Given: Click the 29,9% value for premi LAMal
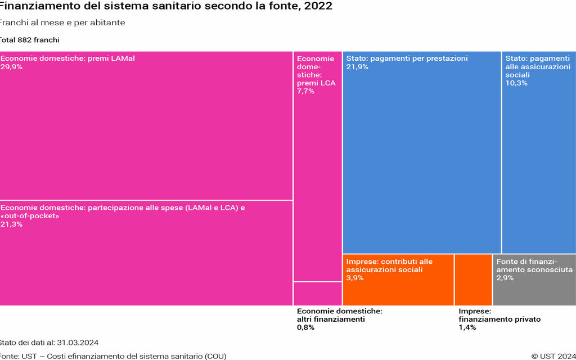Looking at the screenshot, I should pyautogui.click(x=11, y=66).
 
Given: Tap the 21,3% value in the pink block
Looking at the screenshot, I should pyautogui.click(x=11, y=224).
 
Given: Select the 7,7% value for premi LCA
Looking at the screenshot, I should pyautogui.click(x=305, y=91).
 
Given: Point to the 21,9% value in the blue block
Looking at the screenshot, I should pyautogui.click(x=357, y=66).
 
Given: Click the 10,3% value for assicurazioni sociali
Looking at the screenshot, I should pyautogui.click(x=516, y=83).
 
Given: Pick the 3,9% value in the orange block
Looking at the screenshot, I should pyautogui.click(x=355, y=278).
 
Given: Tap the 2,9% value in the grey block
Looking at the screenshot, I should pyautogui.click(x=505, y=278).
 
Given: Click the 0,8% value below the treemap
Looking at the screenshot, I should pyautogui.click(x=305, y=327).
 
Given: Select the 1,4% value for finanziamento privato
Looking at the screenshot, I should pyautogui.click(x=467, y=327).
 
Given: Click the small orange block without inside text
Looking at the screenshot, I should pyautogui.click(x=473, y=280).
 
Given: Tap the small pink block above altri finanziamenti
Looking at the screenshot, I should pyautogui.click(x=317, y=294).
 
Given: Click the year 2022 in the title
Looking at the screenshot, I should pyautogui.click(x=318, y=6).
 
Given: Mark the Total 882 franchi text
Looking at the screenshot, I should pyautogui.click(x=29, y=40).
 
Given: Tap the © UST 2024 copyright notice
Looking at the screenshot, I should pyautogui.click(x=553, y=355).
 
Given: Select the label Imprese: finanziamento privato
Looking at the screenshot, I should pyautogui.click(x=499, y=315).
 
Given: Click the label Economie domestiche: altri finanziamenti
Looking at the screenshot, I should pyautogui.click(x=339, y=315).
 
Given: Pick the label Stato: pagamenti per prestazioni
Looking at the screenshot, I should pyautogui.click(x=407, y=58).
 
